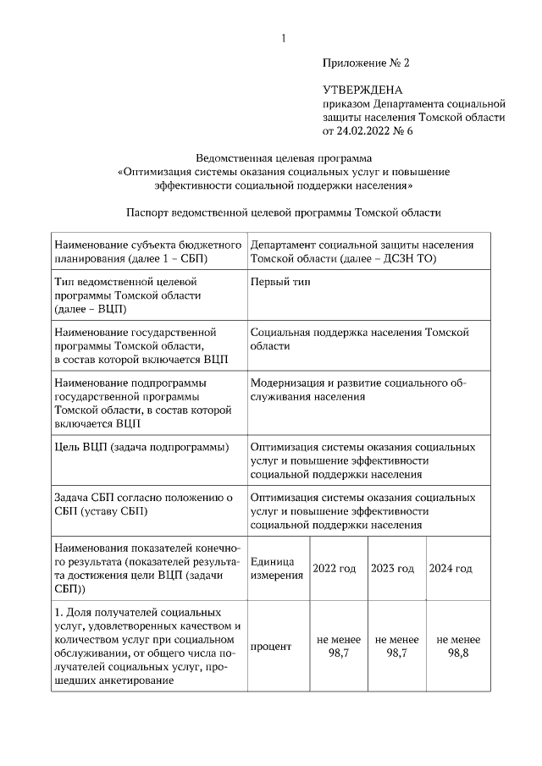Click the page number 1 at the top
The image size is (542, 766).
tap(283, 38)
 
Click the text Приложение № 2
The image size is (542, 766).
tap(365, 63)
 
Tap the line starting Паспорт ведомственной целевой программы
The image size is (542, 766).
tap(284, 213)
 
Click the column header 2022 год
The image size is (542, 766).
tap(335, 568)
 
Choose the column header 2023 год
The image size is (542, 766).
tap(393, 568)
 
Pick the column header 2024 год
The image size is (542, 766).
tap(451, 568)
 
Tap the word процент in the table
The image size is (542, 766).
tap(272, 647)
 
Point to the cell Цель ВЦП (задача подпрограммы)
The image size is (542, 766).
tap(141, 447)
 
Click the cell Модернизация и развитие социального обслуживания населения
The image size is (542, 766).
tap(358, 389)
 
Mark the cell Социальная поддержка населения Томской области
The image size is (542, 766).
tap(360, 339)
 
